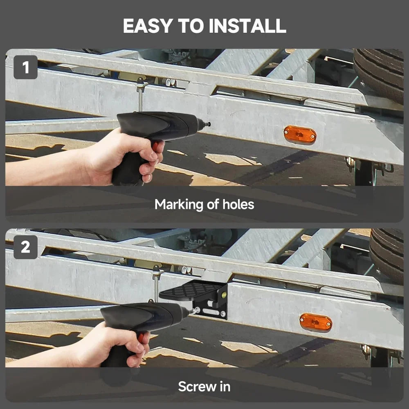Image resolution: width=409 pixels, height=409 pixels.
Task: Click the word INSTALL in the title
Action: [247, 26]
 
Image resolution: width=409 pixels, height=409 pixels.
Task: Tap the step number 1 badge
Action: [25, 67]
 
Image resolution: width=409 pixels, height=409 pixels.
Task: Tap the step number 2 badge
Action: [25, 247]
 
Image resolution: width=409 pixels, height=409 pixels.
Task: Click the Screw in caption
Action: [204, 386]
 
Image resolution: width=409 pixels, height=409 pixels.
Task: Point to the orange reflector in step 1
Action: [300, 135]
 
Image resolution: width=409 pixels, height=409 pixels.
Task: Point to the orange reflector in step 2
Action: [315, 322]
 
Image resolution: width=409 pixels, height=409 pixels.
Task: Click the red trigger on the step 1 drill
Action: [155, 145]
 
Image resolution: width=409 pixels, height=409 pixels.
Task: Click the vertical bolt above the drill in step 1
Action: [140, 96]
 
